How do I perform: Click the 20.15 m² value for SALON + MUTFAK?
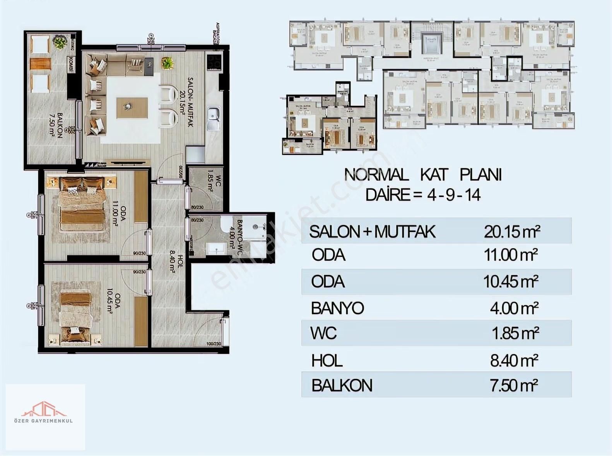coord(512,232)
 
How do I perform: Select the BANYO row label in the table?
coord(337,308)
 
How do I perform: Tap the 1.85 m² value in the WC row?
coord(515,333)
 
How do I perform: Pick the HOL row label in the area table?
coord(327,361)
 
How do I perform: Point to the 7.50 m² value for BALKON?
coord(514,386)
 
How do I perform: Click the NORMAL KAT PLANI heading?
coord(423,175)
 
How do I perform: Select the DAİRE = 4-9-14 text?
coord(423,195)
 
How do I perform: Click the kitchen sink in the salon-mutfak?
coord(213,117)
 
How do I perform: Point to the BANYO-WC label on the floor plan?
coord(236,234)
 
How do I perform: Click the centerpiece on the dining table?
coord(127,106)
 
